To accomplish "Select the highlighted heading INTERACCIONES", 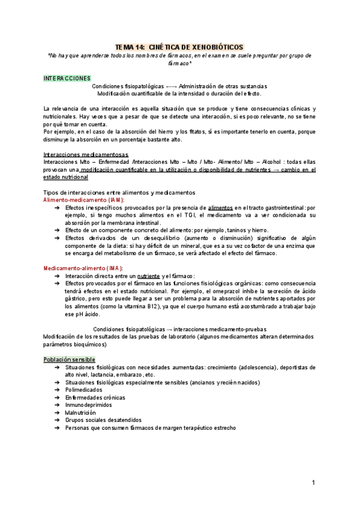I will tap(67, 78).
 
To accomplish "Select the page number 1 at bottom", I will tap(313, 483).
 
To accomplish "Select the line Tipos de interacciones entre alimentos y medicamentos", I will tap(119, 192).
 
